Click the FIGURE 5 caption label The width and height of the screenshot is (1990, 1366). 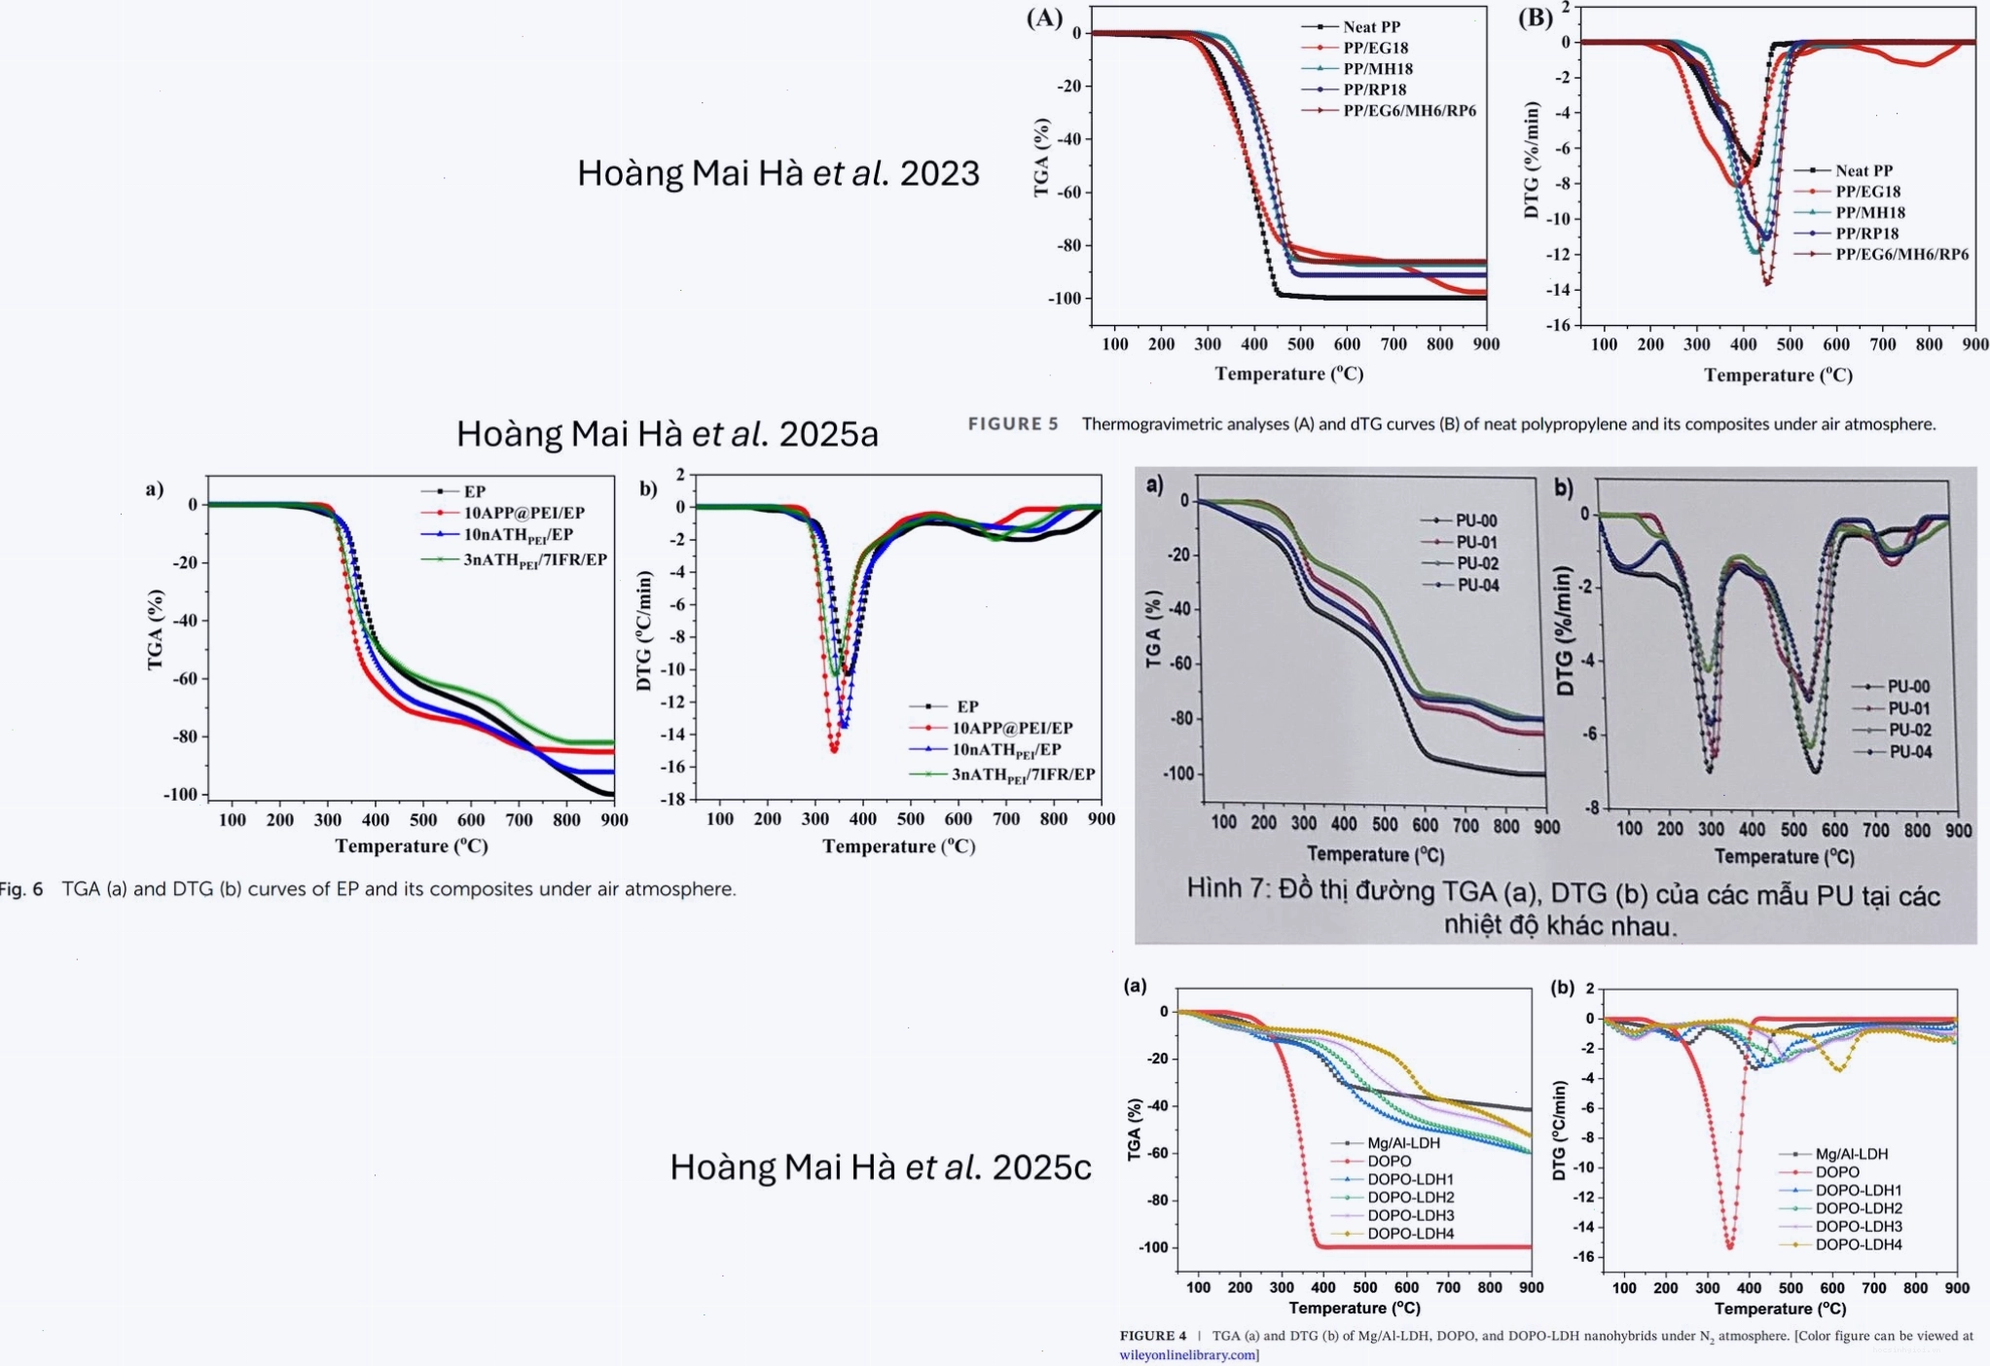coord(1013,424)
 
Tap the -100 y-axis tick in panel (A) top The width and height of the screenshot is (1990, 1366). coord(1065,299)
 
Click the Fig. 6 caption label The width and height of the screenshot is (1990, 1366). coord(21,889)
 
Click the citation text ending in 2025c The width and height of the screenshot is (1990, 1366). coord(881,1167)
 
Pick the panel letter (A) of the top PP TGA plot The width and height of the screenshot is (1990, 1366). coord(1045,18)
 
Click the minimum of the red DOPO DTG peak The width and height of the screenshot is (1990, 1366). coord(1729,1247)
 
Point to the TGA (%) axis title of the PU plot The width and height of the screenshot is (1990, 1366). coord(1154,629)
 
